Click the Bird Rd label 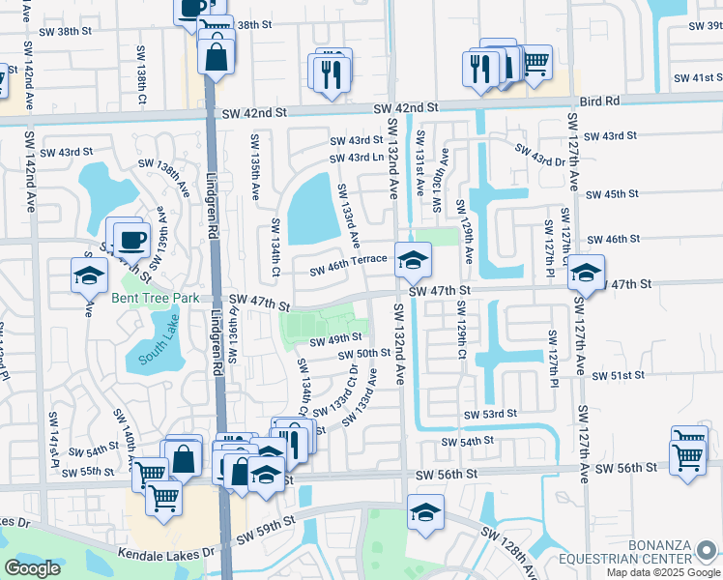point(602,100)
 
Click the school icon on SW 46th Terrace point(413,260)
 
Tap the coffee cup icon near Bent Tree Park point(130,240)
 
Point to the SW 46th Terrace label point(348,260)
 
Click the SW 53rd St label point(490,414)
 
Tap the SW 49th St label point(335,340)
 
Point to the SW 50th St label point(363,354)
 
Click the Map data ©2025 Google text point(662,572)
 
